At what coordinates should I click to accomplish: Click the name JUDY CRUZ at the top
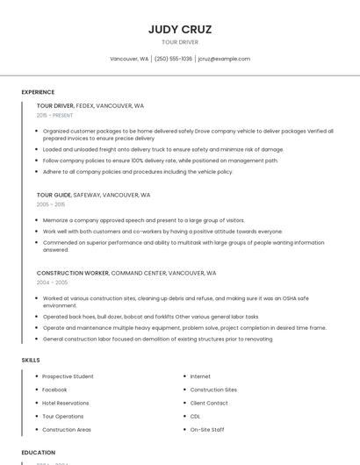(180, 29)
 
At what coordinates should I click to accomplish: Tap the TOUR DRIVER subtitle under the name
(180, 42)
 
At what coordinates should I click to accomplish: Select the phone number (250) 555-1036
(173, 59)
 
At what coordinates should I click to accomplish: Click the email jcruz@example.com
(224, 59)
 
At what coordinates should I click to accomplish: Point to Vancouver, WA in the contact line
(129, 59)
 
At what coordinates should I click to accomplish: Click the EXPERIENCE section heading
(38, 92)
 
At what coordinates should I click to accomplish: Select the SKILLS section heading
(31, 360)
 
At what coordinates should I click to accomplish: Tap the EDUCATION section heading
(39, 453)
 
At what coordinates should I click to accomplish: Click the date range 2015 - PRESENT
(54, 115)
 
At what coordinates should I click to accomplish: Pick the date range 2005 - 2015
(51, 204)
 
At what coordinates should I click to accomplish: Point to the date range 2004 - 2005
(52, 283)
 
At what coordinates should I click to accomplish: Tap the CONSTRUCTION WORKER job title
(72, 273)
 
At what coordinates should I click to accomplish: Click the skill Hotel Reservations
(66, 403)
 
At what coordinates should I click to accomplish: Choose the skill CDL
(195, 416)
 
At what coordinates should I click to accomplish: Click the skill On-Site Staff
(207, 429)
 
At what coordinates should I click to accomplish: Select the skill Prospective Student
(68, 376)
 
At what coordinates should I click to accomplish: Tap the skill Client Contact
(209, 403)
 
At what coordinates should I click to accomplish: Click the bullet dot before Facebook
(36, 390)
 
